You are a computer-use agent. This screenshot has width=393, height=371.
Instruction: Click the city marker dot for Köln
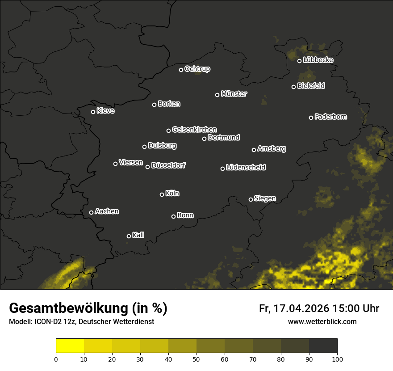coord(162,194)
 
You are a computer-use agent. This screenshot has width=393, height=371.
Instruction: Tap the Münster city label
coord(234,94)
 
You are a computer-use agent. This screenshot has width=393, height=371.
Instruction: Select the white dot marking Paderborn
coord(311,118)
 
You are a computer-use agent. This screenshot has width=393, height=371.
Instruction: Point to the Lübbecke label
coord(318,60)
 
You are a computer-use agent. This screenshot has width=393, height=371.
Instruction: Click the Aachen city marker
coord(91,212)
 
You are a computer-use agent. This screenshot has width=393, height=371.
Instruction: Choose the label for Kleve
coord(105,111)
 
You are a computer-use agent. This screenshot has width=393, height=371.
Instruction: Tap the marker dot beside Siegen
coord(251,199)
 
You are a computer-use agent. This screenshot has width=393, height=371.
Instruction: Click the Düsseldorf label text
coord(168,165)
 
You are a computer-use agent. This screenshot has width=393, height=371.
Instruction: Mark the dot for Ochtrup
coord(181,70)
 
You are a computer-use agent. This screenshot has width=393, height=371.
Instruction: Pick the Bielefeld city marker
coord(294,87)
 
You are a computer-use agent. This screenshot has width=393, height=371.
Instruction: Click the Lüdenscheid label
coord(246,168)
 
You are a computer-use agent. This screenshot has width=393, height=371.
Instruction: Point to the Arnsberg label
coord(272,148)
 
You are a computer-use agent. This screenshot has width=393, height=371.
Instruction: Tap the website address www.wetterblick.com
coord(322,322)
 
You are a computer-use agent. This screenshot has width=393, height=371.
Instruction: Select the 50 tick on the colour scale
coord(196,359)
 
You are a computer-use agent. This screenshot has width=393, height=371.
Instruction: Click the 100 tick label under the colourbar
coord(337,359)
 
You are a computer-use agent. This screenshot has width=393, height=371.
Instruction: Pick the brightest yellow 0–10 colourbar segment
coord(70,346)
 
